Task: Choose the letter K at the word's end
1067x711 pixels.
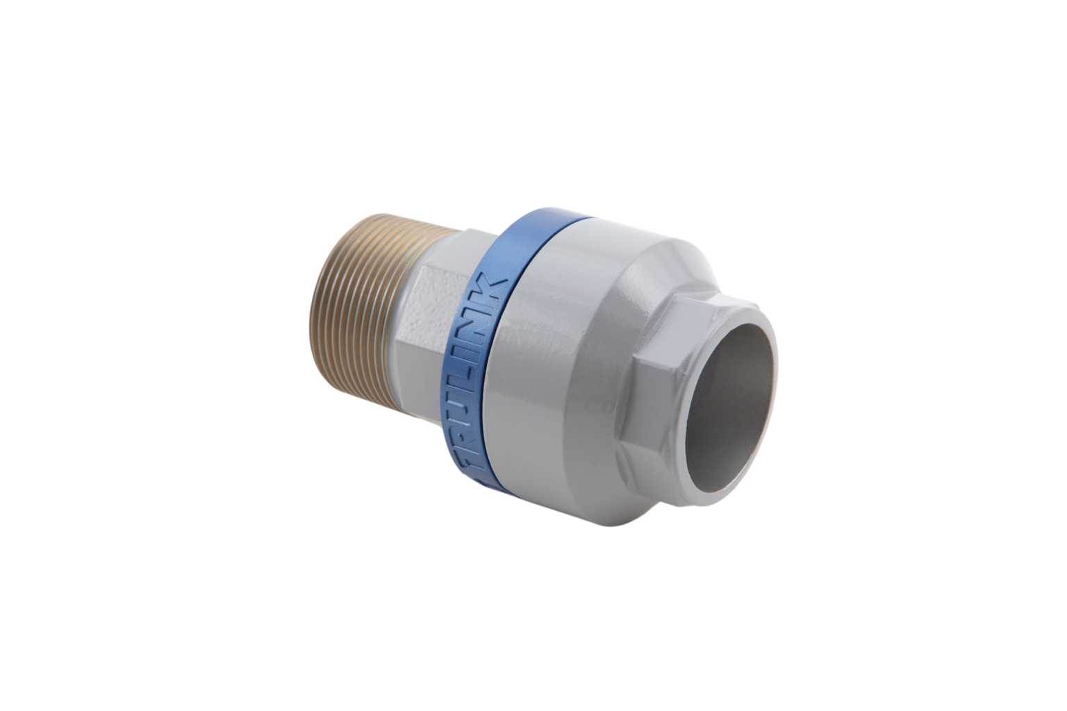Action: pos(495,285)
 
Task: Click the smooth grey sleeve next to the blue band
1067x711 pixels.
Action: pos(549,347)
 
